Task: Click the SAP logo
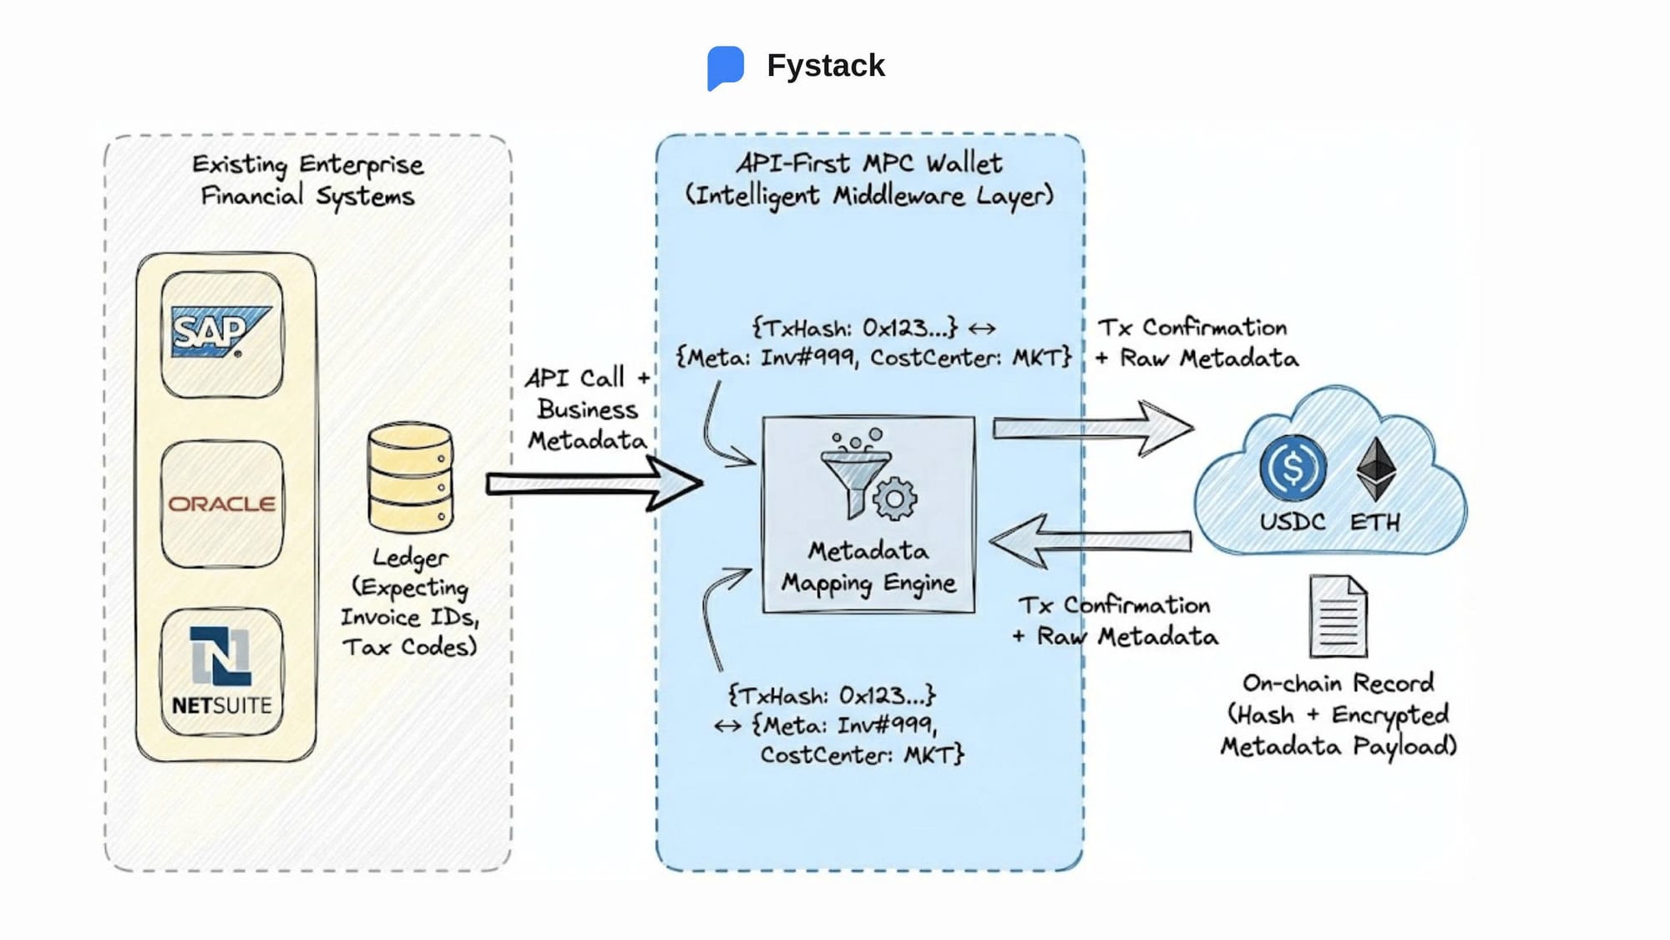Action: pyautogui.click(x=220, y=333)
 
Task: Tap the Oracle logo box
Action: pyautogui.click(x=221, y=504)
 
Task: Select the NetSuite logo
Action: pyautogui.click(x=221, y=672)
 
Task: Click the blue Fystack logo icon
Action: pyautogui.click(x=725, y=67)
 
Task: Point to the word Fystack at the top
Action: pyautogui.click(x=825, y=65)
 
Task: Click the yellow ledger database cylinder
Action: pyautogui.click(x=410, y=477)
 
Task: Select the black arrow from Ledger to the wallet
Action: pyautogui.click(x=593, y=483)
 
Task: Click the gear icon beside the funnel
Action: pyautogui.click(x=894, y=499)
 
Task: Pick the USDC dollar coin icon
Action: pyautogui.click(x=1292, y=468)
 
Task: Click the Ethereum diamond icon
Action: pyautogui.click(x=1375, y=469)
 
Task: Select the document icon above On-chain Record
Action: pyautogui.click(x=1338, y=616)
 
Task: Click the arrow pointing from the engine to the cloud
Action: pyautogui.click(x=1092, y=428)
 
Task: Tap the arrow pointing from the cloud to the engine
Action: pyautogui.click(x=1090, y=541)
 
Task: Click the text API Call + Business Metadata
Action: pyautogui.click(x=587, y=409)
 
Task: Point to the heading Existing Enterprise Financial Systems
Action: pyautogui.click(x=307, y=180)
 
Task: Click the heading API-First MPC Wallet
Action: pyautogui.click(x=868, y=163)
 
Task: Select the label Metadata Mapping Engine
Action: pyautogui.click(x=868, y=567)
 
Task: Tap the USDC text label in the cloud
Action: pyautogui.click(x=1292, y=522)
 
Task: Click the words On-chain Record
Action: pyautogui.click(x=1338, y=683)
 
